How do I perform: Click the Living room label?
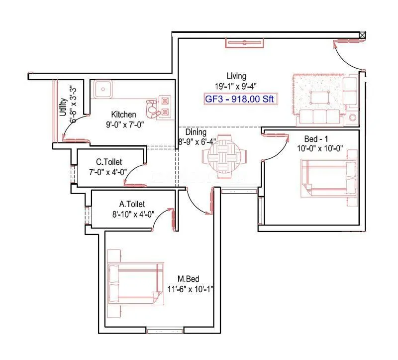pos(236,76)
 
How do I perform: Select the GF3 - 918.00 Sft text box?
pos(239,99)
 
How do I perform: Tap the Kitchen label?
pos(123,115)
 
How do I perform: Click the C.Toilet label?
pos(109,162)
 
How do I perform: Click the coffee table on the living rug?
pos(320,97)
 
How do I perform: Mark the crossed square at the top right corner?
pos(362,35)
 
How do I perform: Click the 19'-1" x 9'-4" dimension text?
pos(236,86)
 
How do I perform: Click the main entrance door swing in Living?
pos(348,55)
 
